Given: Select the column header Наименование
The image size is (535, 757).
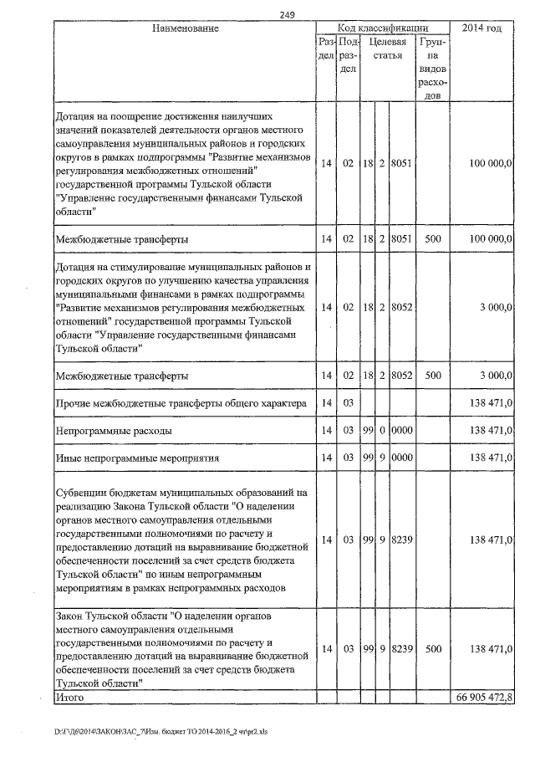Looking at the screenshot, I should tap(186, 28).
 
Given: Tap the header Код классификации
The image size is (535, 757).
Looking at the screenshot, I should tap(383, 28).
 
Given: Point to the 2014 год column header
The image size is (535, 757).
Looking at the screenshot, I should tap(481, 28).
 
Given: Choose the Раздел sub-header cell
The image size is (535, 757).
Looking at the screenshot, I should tap(326, 48).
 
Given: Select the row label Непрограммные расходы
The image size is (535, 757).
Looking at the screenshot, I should tap(114, 430).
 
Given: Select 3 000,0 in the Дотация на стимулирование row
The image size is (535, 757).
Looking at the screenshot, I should tap(495, 307).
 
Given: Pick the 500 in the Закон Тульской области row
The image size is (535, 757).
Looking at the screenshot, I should tap(432, 648).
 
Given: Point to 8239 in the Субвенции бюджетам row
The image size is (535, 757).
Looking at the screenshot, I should tap(402, 540).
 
